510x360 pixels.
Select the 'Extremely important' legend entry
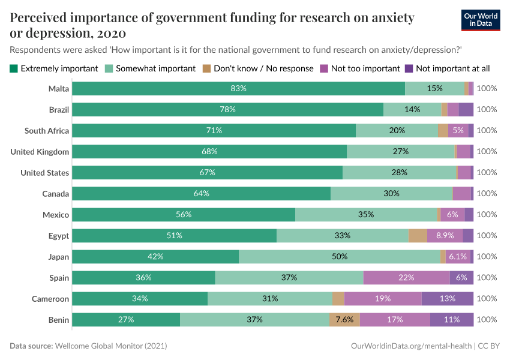click(54, 68)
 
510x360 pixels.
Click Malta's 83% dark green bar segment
click(238, 89)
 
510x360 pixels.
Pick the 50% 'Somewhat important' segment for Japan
click(339, 257)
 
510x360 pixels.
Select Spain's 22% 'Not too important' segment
click(406, 278)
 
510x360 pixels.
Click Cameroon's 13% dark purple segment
click(447, 299)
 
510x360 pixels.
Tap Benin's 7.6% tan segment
click(344, 320)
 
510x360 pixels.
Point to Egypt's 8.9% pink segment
click(445, 236)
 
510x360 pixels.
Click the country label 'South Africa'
click(47, 131)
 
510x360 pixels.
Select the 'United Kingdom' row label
click(40, 152)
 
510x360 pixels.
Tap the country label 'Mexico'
click(56, 215)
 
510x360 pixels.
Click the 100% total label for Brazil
click(487, 110)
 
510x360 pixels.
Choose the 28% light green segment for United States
click(399, 173)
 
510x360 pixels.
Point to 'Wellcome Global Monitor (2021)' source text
click(111, 346)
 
